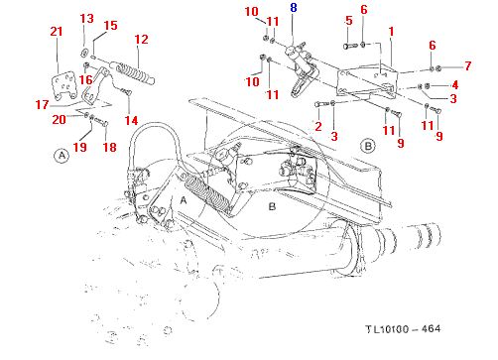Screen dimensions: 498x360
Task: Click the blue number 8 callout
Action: [x=294, y=8]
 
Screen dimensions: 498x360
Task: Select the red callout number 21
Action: [x=57, y=32]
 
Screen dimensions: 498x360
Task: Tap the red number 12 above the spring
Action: [x=141, y=40]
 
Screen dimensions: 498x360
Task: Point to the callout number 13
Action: [x=86, y=19]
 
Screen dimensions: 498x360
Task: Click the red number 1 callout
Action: [x=391, y=32]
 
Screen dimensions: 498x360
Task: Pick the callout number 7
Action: [x=467, y=65]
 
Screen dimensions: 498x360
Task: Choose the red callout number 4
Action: [x=455, y=85]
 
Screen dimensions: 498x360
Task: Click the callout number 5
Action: [x=349, y=21]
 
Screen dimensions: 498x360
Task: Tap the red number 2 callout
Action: [x=318, y=126]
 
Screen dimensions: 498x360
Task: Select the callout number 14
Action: [x=131, y=120]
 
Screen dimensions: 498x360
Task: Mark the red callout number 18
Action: [x=110, y=147]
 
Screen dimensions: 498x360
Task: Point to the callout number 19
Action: [x=79, y=147]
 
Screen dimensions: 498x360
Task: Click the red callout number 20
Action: [x=59, y=119]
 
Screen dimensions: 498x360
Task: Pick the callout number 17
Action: [x=42, y=105]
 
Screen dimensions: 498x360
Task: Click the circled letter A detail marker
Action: [x=62, y=155]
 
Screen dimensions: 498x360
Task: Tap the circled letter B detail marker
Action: [x=368, y=146]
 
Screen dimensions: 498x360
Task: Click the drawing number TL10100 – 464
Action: [x=403, y=329]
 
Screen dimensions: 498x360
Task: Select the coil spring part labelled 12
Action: [x=132, y=73]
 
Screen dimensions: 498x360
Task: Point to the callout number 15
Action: [x=110, y=26]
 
